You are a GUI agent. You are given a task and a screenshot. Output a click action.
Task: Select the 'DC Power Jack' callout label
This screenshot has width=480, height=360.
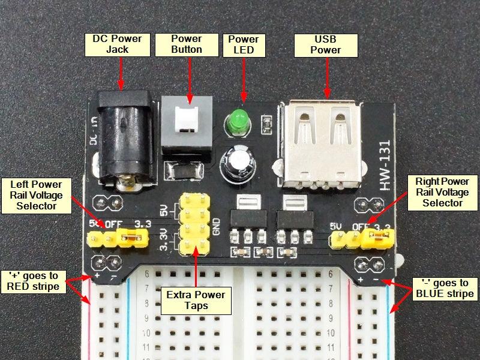117,44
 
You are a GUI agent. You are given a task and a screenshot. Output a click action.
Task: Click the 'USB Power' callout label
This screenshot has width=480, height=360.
326,44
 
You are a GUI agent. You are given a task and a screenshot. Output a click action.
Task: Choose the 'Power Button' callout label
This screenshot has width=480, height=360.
187,44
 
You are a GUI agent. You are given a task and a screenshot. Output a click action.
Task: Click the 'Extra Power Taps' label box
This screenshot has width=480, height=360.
196,300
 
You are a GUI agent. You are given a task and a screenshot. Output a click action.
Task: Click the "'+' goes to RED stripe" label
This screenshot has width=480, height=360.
34,281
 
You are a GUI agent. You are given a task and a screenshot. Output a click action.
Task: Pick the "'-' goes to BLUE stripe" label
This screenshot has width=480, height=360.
444,288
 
